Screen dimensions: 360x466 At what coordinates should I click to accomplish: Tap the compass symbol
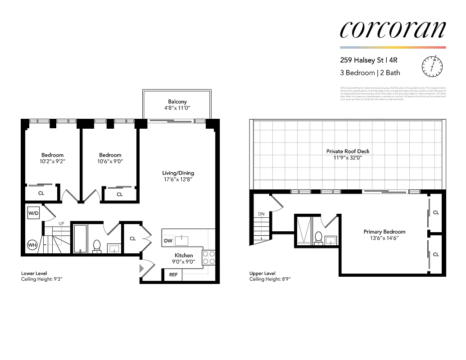click(x=431, y=66)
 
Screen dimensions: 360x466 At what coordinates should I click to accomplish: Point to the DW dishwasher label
click(x=168, y=241)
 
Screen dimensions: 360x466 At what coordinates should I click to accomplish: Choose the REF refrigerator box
click(x=173, y=274)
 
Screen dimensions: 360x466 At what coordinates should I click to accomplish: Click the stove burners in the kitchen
click(x=209, y=257)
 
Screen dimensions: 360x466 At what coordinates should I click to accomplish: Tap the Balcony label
click(x=177, y=102)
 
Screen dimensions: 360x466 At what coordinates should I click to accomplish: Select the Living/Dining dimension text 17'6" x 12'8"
click(x=178, y=180)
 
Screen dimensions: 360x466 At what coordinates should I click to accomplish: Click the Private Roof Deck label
click(x=348, y=151)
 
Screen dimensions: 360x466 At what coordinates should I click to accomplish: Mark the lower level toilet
click(x=96, y=246)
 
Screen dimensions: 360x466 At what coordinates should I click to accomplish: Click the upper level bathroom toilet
click(x=318, y=237)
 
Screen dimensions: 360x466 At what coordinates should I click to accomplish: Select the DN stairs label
click(x=261, y=214)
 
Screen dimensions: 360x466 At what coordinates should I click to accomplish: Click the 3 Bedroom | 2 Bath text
click(x=370, y=72)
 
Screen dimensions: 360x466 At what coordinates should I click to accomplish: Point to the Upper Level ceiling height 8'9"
click(x=270, y=279)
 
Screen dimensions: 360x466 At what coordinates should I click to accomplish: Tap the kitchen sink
click(x=182, y=240)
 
